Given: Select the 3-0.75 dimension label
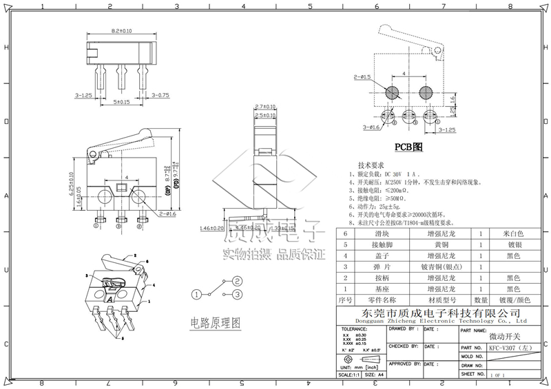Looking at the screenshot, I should click(x=160, y=95).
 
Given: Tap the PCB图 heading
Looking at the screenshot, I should click(x=408, y=147).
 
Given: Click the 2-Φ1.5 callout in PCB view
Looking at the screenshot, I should click(x=362, y=76).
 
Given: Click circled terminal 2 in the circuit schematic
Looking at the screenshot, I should click(x=236, y=280).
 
